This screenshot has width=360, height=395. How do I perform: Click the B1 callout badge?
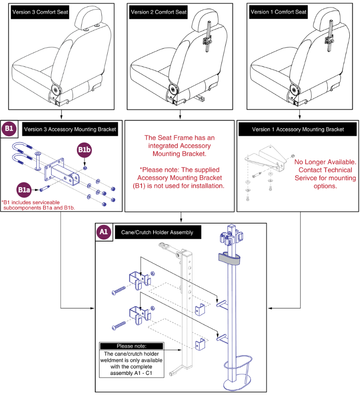point(9,129)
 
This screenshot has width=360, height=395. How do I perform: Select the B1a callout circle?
point(24,190)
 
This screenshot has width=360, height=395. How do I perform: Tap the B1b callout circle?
point(84,150)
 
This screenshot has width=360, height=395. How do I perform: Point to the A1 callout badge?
point(103,232)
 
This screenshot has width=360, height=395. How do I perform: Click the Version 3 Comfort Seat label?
point(40,12)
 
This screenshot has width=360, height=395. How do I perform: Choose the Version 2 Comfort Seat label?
point(159,12)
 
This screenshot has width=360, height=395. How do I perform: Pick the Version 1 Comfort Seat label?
point(278,12)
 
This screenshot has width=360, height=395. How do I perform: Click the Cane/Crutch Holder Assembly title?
point(157,232)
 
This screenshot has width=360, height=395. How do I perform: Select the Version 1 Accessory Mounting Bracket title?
point(298,129)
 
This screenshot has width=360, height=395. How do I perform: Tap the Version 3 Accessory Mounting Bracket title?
point(70,129)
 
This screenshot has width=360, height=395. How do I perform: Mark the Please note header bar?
point(131,346)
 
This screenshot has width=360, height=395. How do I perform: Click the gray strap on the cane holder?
point(229,259)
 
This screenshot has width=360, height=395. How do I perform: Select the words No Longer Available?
point(325,162)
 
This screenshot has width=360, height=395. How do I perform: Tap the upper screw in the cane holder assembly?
point(118,290)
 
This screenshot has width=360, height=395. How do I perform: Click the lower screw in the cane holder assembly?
point(118,325)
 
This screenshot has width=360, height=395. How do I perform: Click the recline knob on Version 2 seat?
point(173,89)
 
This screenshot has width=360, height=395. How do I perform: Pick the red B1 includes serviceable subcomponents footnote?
point(38,205)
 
